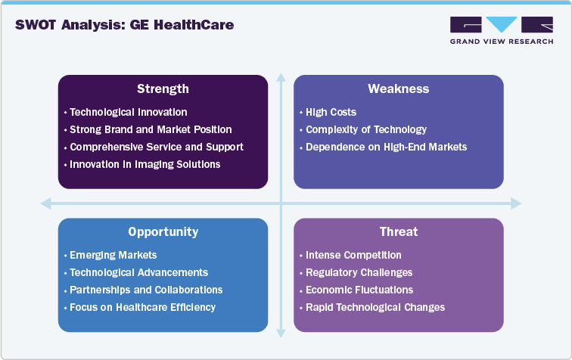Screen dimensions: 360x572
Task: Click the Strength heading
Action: (x=163, y=89)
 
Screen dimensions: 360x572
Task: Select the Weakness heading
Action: (x=398, y=89)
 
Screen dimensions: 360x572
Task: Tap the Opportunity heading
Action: (x=163, y=232)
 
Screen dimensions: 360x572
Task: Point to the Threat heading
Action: (x=398, y=232)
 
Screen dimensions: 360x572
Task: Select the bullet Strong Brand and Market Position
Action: (x=151, y=129)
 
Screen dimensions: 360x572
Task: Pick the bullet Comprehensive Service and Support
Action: (x=156, y=147)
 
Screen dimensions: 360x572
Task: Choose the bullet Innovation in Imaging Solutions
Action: (x=145, y=164)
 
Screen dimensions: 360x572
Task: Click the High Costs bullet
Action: (x=331, y=112)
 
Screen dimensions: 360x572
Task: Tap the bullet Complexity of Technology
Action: (x=365, y=129)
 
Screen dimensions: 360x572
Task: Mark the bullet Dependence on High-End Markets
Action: (x=386, y=147)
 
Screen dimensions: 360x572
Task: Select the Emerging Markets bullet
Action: (x=113, y=255)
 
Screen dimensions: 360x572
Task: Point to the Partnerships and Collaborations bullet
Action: (x=146, y=290)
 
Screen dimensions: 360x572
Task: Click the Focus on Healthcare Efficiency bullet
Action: (x=142, y=307)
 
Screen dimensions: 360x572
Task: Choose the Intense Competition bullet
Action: (x=353, y=255)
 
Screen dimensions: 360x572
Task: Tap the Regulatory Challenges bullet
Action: (x=359, y=272)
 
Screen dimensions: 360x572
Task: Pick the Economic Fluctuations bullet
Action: (x=359, y=290)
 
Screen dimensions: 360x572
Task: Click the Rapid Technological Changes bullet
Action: (x=375, y=307)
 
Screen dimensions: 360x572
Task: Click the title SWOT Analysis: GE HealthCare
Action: (x=124, y=25)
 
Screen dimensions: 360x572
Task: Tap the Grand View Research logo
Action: (x=500, y=30)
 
